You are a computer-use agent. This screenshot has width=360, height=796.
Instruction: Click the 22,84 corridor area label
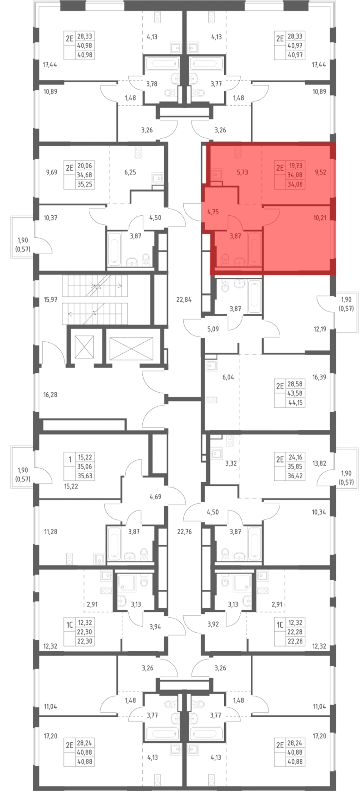tap(184, 299)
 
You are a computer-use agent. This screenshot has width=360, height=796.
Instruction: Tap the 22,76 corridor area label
tap(184, 532)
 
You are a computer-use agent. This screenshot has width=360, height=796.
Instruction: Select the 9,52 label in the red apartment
tap(320, 172)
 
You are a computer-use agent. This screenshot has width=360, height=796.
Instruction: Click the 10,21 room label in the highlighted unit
tap(320, 218)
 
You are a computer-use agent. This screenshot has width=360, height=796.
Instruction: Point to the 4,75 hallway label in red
tap(213, 212)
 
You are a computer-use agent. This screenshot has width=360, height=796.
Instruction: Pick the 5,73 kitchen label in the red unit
tap(242, 172)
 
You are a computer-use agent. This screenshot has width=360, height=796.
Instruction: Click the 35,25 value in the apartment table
tap(85, 184)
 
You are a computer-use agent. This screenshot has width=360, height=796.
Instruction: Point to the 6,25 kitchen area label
tap(130, 172)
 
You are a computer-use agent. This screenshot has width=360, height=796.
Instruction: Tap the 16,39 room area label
tap(319, 377)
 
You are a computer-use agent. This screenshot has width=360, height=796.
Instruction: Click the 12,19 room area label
tap(320, 329)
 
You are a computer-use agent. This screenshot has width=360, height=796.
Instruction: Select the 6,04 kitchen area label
tap(228, 377)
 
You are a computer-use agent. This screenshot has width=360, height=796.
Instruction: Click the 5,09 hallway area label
tap(213, 329)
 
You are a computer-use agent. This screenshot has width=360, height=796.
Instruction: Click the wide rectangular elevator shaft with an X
tap(131, 349)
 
